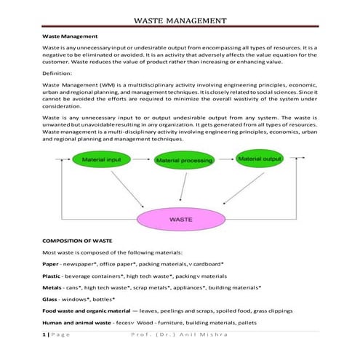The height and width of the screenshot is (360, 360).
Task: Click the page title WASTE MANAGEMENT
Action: [x=180, y=20]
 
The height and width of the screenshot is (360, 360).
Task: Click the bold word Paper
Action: [x=50, y=263]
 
